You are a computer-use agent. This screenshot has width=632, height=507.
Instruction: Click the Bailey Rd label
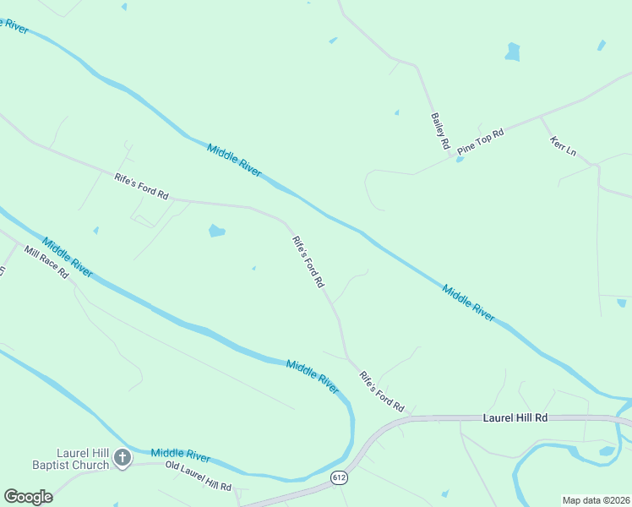click(x=439, y=132)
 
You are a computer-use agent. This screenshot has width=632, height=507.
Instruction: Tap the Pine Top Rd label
click(x=481, y=141)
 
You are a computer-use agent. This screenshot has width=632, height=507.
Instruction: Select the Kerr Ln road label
click(x=563, y=146)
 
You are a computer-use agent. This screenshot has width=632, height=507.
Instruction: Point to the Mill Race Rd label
click(x=46, y=263)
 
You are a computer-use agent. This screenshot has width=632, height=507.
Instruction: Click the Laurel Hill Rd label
click(x=515, y=417)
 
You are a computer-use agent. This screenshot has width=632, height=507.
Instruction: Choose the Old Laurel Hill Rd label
click(x=199, y=477)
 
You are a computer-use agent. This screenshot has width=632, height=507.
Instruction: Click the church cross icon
click(x=123, y=459)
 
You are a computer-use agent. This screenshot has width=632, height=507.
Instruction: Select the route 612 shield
click(x=339, y=477)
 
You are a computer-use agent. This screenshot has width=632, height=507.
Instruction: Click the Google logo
click(x=28, y=496)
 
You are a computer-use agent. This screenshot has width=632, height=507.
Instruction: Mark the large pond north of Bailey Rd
click(x=512, y=52)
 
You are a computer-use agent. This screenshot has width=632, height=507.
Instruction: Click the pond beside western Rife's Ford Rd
click(x=217, y=231)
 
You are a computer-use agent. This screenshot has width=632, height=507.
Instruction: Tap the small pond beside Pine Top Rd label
click(x=460, y=159)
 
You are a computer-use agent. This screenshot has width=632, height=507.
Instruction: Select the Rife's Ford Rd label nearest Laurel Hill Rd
click(x=382, y=390)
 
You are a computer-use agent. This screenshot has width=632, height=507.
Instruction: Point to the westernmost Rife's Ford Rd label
click(x=141, y=186)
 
